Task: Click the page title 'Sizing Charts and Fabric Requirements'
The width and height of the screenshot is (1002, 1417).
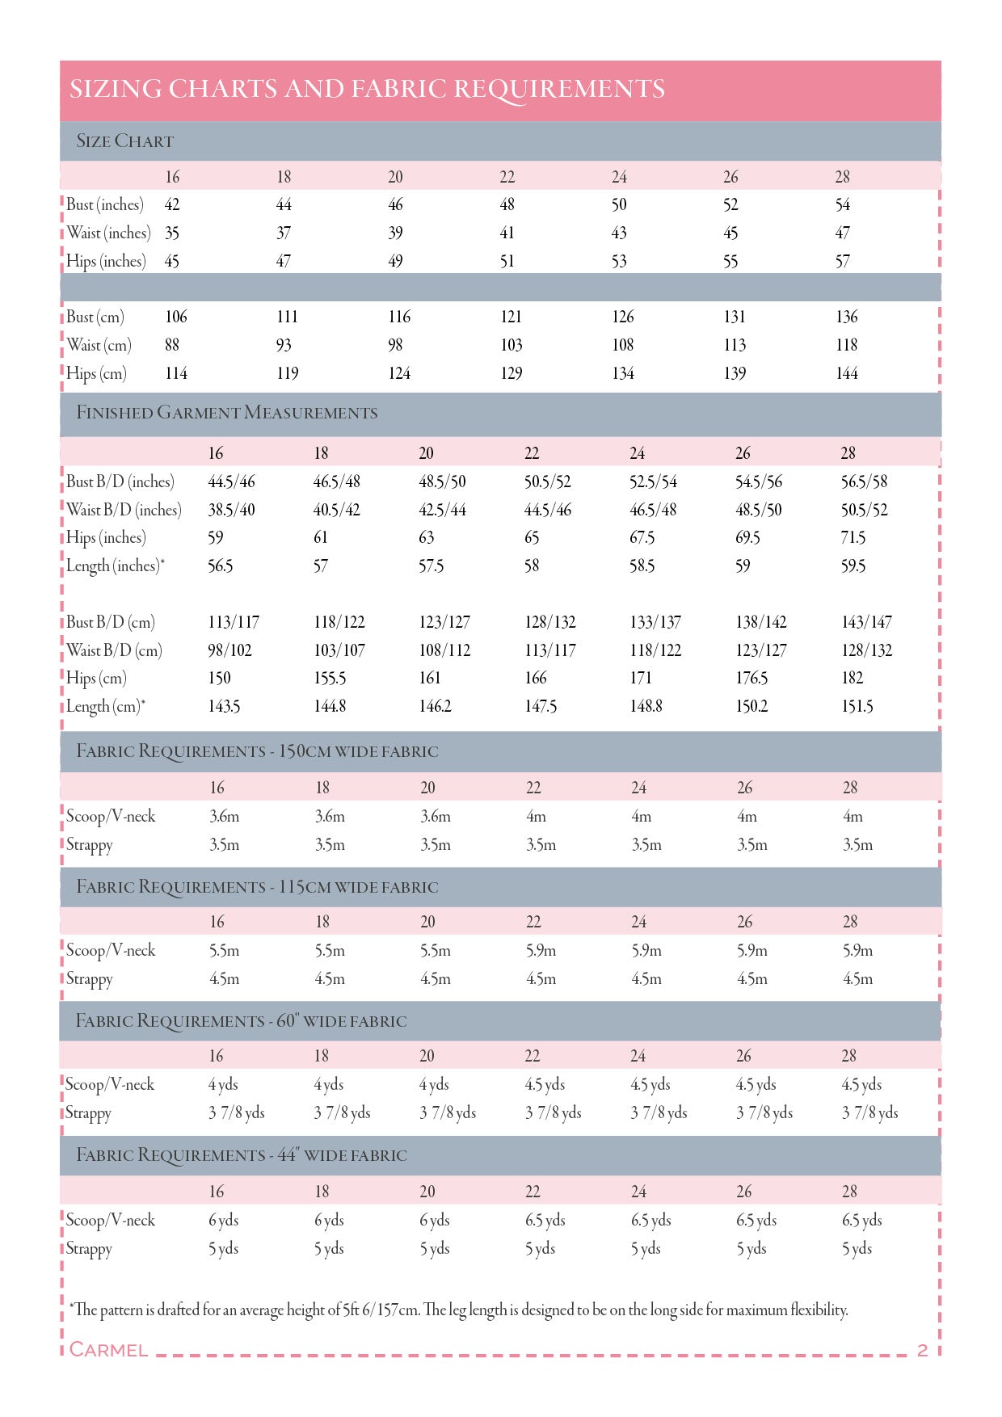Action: coord(367,89)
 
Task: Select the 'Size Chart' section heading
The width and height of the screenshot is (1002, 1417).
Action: coord(124,141)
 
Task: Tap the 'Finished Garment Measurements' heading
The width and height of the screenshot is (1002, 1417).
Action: coord(226,413)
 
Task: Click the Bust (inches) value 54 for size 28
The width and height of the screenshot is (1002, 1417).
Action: coord(843,205)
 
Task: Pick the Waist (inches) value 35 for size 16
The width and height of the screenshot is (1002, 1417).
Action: coord(172,233)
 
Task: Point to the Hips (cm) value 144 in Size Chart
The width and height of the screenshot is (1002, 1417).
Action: coord(847,373)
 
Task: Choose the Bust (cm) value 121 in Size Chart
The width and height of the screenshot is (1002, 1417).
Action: coord(511,317)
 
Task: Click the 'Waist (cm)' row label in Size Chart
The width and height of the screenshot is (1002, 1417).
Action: coord(99,345)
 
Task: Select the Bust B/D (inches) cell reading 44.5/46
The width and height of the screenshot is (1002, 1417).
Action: coord(231,481)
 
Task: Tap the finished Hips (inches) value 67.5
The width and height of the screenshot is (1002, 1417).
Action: coord(642,538)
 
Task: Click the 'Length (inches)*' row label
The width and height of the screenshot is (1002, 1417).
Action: coord(115,566)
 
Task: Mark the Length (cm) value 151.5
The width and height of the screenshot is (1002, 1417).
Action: coord(857,706)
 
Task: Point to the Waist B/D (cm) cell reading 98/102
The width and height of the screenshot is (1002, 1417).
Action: coord(229,650)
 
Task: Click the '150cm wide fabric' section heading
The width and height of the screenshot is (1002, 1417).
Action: coord(257,751)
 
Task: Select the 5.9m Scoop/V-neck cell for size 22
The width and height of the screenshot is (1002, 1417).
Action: coord(541,951)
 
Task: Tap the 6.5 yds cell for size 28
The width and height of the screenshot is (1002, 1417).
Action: coord(861,1220)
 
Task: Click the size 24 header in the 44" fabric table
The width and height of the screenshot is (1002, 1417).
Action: coord(638,1192)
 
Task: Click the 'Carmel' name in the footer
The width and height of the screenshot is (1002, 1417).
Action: coord(108,1350)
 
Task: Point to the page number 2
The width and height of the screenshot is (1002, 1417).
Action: coord(922,1350)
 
